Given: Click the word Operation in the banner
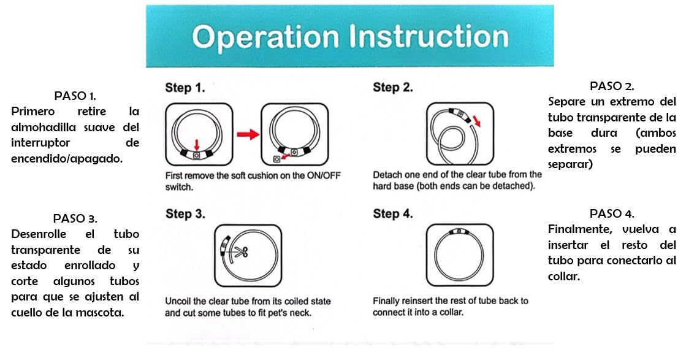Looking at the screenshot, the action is point(265,37).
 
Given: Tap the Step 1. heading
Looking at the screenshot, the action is point(185,88).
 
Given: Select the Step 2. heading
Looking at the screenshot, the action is point(392,88).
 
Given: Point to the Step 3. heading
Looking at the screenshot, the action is point(185,214).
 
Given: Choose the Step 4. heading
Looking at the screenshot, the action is point(392,214).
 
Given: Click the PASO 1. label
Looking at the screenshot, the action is point(75,95).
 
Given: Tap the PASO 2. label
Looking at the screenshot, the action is point(612,86).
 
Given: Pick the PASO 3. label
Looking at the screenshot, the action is point(75,218).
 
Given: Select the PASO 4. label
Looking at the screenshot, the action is point(612,213).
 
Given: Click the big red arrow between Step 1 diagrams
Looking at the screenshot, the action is point(248,134).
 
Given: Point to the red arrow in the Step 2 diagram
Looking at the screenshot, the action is point(476,121).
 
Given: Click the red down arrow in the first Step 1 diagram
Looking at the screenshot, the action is point(197,145).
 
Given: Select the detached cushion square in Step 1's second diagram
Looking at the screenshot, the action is point(276,159).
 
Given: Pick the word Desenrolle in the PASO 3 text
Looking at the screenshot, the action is point(39,234).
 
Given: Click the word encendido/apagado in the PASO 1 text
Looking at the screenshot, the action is point(66,159).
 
